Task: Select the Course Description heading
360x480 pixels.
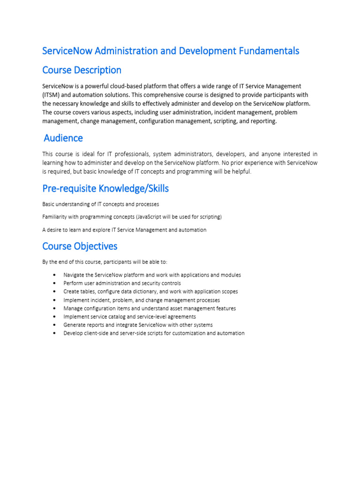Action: point(82,70)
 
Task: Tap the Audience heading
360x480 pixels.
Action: point(63,138)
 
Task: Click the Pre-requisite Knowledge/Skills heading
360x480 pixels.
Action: point(105,188)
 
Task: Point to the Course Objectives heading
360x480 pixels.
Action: point(80,246)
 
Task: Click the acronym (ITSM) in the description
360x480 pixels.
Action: point(52,95)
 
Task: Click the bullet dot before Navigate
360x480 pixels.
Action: point(55,275)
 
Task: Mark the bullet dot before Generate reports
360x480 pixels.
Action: point(55,325)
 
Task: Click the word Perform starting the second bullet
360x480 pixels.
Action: point(73,284)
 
